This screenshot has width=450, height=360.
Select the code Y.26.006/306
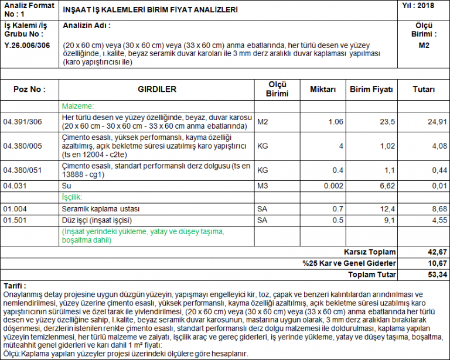[27, 44]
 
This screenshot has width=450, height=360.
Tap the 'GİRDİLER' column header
[157, 90]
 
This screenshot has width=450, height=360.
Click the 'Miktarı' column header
[322, 90]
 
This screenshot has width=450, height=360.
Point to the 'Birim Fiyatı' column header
[371, 90]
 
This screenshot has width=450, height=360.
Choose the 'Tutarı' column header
[424, 90]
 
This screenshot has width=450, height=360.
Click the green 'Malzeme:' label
[78, 107]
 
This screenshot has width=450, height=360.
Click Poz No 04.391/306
[23, 122]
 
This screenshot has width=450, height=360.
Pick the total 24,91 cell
[437, 122]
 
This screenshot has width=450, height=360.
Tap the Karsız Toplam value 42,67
[437, 252]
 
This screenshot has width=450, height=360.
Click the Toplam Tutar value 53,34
[437, 274]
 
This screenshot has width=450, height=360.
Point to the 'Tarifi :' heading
[16, 286]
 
